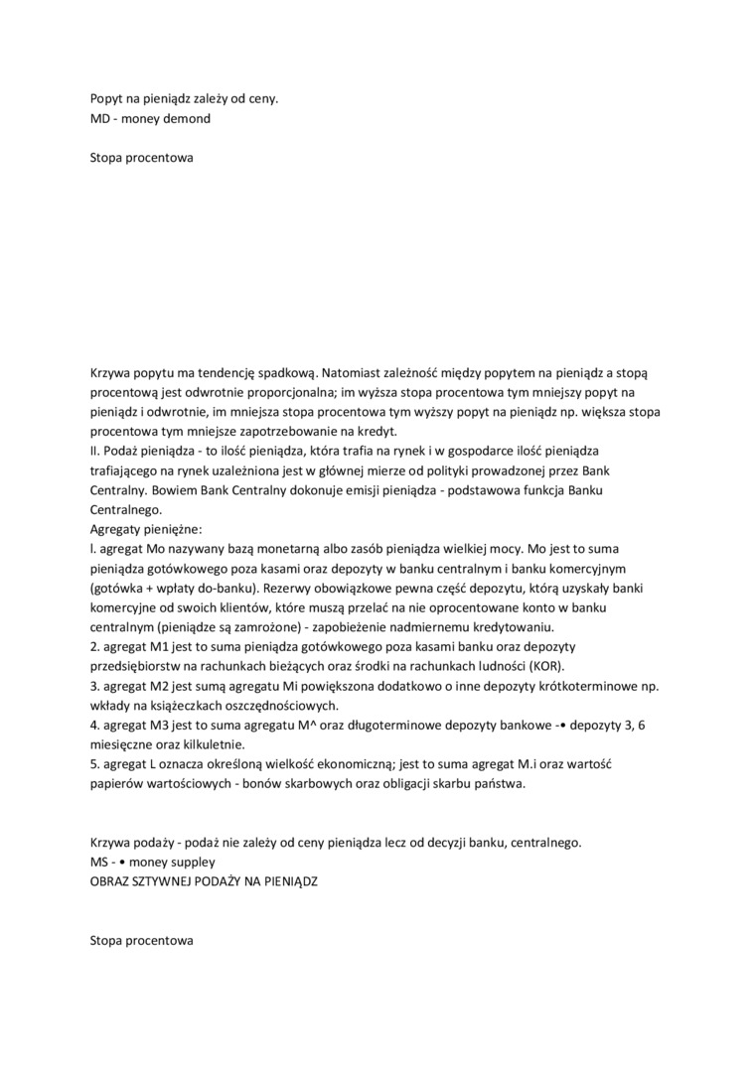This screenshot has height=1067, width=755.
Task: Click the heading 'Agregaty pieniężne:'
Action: click(x=145, y=529)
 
